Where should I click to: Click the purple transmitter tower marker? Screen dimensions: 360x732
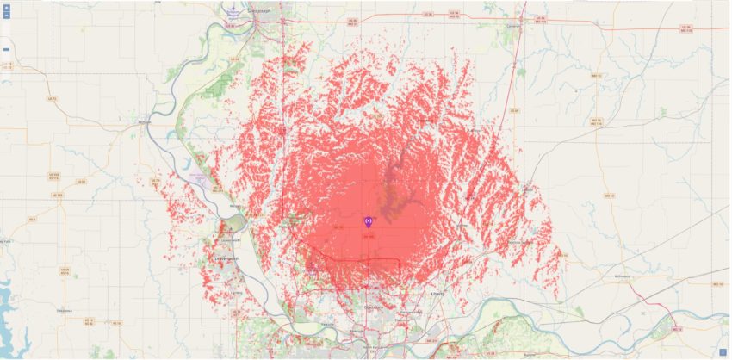369,223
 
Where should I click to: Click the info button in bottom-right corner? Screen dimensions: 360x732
723,351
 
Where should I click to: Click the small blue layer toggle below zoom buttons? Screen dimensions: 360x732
7,49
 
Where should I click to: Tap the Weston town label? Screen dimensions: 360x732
233,207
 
